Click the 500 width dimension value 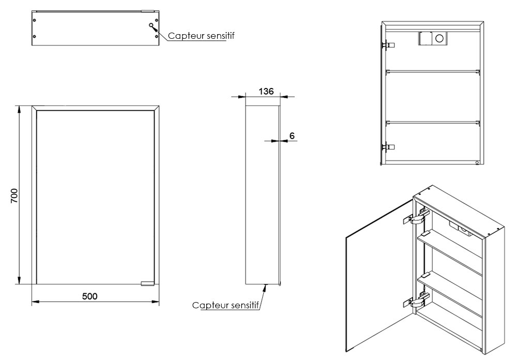[x=90, y=296]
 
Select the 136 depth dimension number [x=266, y=92]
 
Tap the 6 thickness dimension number [x=292, y=136]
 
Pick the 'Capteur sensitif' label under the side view [x=225, y=305]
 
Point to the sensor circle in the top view [x=151, y=26]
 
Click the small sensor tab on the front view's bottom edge [x=147, y=283]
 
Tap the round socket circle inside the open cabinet [x=440, y=38]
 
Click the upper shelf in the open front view [x=433, y=71]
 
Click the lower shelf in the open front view [x=433, y=122]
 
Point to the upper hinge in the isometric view [x=417, y=218]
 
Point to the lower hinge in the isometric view [x=417, y=299]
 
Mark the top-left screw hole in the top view [x=35, y=20]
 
